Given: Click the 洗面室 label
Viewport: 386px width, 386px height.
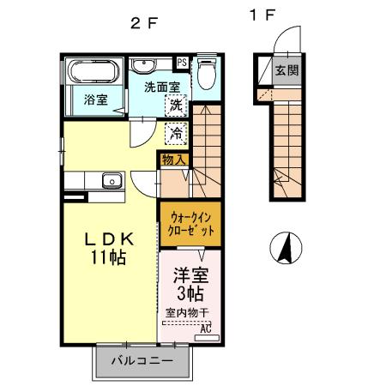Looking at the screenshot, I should point(160,87).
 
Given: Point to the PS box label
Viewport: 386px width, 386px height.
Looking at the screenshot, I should point(182,63).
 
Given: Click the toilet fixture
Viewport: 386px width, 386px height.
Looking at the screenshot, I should point(206,74).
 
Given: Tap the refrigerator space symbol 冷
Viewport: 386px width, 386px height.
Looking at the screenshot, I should point(175,133).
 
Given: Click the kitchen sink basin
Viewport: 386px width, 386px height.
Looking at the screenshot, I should point(111,180).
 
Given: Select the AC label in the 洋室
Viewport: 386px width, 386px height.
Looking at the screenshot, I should point(205,328).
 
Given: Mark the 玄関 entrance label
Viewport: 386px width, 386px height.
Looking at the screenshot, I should point(286,71).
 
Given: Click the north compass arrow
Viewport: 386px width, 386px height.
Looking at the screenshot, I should point(286,248).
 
